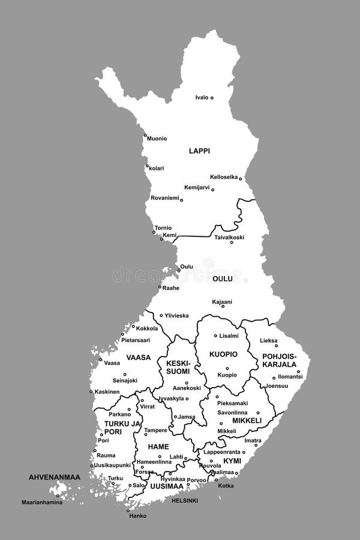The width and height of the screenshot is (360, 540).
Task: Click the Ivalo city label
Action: point(201,97)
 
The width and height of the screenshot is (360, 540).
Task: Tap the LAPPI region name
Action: point(199,151)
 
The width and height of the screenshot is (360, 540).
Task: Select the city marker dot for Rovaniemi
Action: point(181,199)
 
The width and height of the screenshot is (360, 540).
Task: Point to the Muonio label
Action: point(157,139)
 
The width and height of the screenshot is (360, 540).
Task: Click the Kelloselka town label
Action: point(224,177)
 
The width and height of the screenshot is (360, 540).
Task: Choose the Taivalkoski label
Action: point(229,237)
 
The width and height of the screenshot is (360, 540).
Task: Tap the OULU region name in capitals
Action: point(222,278)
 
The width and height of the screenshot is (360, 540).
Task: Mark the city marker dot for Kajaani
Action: point(223,307)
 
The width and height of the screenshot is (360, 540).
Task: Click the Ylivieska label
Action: point(177,315)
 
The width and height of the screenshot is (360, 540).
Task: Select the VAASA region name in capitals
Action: point(139,357)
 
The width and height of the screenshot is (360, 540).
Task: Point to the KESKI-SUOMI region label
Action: point(178,367)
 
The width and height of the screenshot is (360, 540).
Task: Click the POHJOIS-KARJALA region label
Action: point(280,360)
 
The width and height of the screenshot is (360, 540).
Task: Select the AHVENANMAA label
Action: point(55,477)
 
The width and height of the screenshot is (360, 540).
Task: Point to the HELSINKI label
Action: point(185,500)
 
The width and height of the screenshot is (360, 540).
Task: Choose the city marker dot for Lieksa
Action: point(277,346)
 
